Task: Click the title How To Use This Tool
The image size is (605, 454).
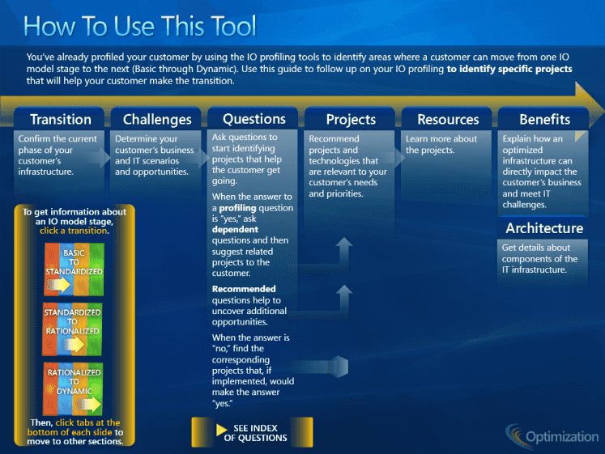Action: pyautogui.click(x=139, y=26)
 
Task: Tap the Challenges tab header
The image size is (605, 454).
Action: pyautogui.click(x=156, y=119)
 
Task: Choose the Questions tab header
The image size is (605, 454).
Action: pyautogui.click(x=254, y=118)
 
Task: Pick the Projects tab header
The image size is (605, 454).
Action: pyautogui.click(x=350, y=119)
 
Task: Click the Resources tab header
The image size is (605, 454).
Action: pyautogui.click(x=447, y=119)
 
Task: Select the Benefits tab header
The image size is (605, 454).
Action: pyautogui.click(x=543, y=119)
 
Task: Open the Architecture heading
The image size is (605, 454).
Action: pyautogui.click(x=544, y=228)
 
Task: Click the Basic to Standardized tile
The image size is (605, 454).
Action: pyautogui.click(x=74, y=269)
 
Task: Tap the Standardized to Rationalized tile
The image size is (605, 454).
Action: pyautogui.click(x=72, y=329)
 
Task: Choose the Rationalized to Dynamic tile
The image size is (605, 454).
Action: pyautogui.click(x=74, y=389)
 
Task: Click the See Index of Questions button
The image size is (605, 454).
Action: pyautogui.click(x=253, y=432)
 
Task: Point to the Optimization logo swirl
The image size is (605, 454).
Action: pyautogui.click(x=515, y=436)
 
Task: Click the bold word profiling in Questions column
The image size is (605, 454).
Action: pyautogui.click(x=237, y=208)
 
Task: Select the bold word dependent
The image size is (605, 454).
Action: pyautogui.click(x=235, y=229)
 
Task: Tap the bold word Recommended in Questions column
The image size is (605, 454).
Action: pyautogui.click(x=244, y=289)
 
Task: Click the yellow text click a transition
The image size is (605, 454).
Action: pyautogui.click(x=74, y=231)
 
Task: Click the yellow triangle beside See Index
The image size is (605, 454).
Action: pyautogui.click(x=221, y=430)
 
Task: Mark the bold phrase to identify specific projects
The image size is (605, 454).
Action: pyautogui.click(x=509, y=69)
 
